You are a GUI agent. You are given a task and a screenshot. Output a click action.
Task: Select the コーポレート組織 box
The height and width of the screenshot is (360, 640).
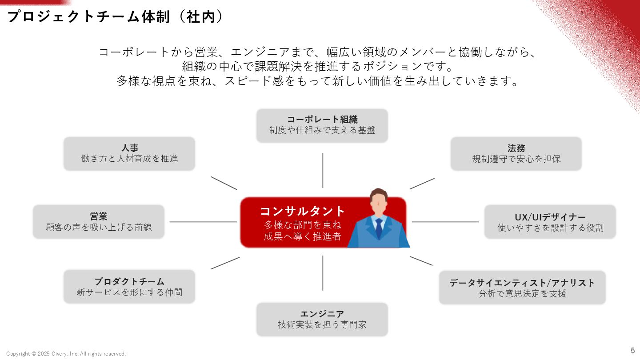click(x=322, y=125)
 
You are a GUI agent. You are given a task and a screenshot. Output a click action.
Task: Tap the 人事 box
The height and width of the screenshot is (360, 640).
click(x=129, y=153)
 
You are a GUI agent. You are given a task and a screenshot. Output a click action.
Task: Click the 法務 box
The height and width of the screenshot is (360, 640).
click(x=516, y=153)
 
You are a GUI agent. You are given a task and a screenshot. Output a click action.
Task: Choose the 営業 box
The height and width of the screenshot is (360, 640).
click(x=99, y=221)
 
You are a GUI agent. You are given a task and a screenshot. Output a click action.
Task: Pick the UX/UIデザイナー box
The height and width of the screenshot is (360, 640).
click(x=550, y=222)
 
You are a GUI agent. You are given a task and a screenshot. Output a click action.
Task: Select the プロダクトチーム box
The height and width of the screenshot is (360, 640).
click(x=129, y=287)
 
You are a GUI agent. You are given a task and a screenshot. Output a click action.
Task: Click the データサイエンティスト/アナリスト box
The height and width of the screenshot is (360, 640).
click(x=522, y=288)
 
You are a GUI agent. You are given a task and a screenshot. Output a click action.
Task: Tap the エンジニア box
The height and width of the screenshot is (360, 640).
click(x=322, y=319)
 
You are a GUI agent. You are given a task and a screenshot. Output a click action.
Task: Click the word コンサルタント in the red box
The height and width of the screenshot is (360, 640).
click(x=303, y=211)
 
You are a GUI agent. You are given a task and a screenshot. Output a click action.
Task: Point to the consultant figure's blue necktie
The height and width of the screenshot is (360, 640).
click(x=378, y=228)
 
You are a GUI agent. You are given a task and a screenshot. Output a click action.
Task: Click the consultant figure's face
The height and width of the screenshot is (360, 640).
click(x=378, y=205)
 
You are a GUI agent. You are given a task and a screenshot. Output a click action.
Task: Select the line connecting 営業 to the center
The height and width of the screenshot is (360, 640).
click(x=203, y=222)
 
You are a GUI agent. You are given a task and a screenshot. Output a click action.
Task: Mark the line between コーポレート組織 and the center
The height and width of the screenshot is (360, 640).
click(x=323, y=170)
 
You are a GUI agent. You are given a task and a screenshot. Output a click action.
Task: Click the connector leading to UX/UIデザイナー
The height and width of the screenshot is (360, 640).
click(x=445, y=222)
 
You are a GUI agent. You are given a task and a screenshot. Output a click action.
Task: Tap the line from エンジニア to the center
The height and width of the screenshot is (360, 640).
click(x=323, y=273)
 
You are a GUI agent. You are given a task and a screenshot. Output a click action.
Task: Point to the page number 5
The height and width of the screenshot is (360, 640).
click(x=633, y=350)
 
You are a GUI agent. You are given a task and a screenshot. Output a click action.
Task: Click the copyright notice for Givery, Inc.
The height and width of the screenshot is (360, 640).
click(x=66, y=354)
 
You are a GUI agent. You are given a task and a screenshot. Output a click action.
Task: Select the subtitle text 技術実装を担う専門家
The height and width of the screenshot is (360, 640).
click(x=322, y=325)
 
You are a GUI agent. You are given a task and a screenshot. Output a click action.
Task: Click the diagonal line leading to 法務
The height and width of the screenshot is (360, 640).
click(x=422, y=184)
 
